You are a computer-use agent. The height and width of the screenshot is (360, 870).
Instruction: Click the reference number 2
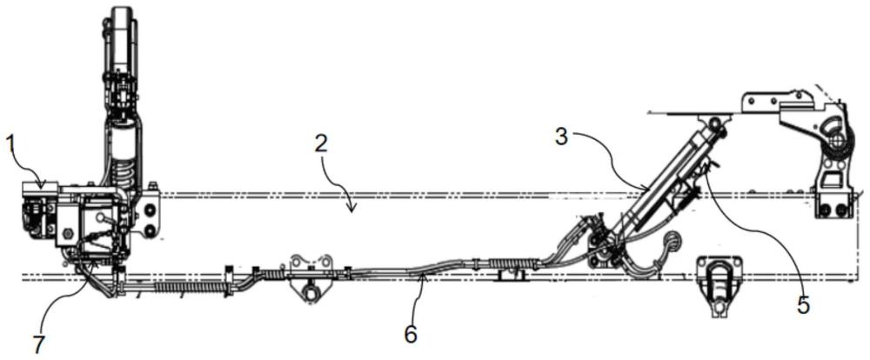(x=323, y=144)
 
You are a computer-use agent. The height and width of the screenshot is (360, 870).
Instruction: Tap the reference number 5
(x=804, y=304)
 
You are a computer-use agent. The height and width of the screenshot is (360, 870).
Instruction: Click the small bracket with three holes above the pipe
(x=311, y=263)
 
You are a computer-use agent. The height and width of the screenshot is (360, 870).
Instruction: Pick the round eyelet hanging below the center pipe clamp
(x=309, y=296)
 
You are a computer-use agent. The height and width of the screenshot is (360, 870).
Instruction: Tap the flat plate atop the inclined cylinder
(x=687, y=112)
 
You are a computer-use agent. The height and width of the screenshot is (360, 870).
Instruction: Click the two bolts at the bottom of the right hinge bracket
(x=833, y=210)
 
